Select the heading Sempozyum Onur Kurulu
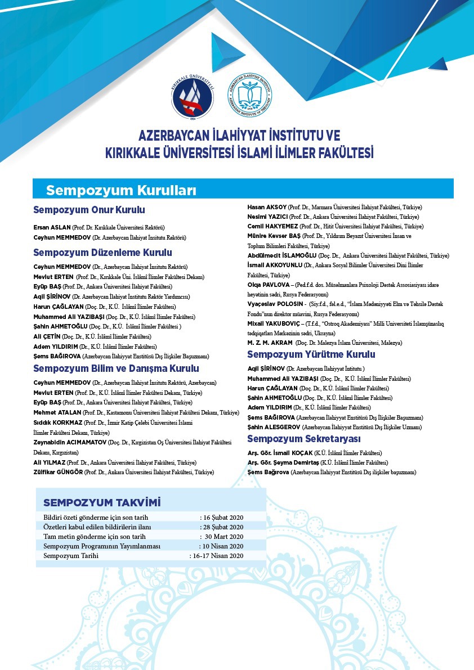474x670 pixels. coord(89,210)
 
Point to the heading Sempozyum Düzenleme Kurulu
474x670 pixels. coord(102,253)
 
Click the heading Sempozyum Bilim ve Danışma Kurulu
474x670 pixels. coord(116,368)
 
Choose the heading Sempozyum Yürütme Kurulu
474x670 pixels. coord(311,354)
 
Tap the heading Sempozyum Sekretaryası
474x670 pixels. coord(304,439)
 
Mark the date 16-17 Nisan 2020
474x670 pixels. coord(217,556)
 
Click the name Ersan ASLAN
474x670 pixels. coord(52,228)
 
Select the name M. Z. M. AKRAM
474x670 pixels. coord(270,343)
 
